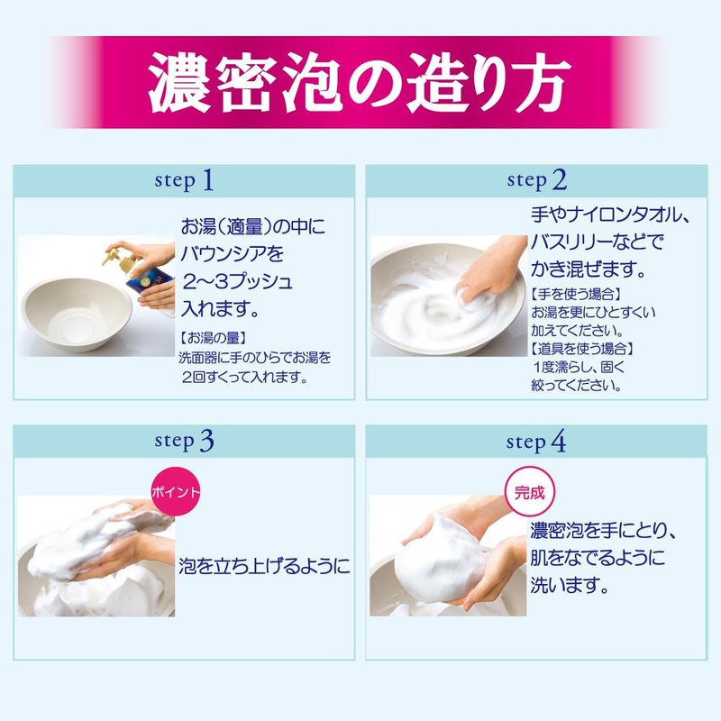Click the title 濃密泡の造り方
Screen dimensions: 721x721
click(x=360, y=82)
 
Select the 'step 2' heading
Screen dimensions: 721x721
click(x=536, y=179)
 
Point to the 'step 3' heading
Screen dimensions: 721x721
click(x=184, y=441)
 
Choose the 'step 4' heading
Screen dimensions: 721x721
click(x=536, y=442)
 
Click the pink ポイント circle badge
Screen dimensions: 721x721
click(x=176, y=492)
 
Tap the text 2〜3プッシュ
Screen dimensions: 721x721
click(x=237, y=282)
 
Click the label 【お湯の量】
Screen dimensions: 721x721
click(x=213, y=339)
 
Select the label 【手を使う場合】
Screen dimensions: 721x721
click(x=576, y=294)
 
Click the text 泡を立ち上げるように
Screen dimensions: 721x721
click(x=264, y=566)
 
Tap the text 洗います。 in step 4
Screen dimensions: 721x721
click(x=570, y=585)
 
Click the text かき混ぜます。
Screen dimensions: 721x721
click(x=589, y=269)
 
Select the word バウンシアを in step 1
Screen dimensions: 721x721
click(x=233, y=254)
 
